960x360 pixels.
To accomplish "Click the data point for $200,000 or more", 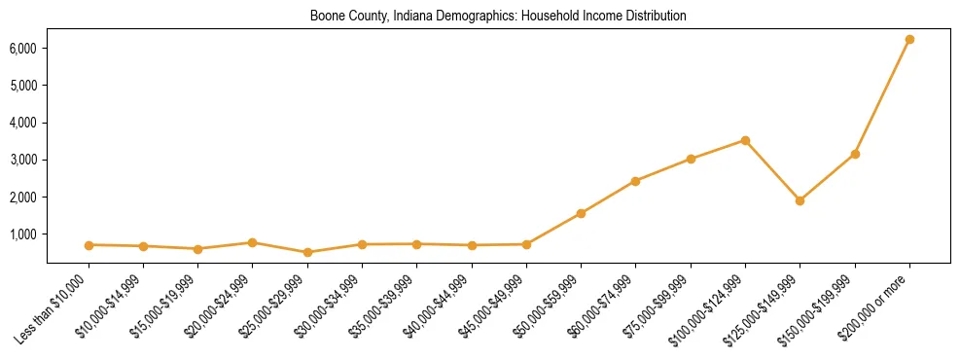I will point(909,39).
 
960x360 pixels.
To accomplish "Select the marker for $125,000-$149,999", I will point(800,200).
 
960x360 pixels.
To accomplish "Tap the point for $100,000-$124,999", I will point(745,140).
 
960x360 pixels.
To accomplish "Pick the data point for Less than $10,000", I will point(89,245).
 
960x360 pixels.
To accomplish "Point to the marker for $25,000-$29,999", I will point(307,252).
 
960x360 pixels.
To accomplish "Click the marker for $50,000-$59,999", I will point(581,213).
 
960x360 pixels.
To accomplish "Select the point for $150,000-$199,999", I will point(855,154).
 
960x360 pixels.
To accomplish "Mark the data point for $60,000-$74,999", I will point(635,181).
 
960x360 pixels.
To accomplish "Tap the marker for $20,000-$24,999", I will point(252,242).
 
